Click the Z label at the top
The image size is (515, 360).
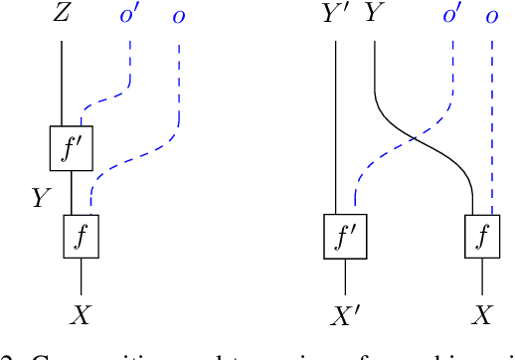(64, 15)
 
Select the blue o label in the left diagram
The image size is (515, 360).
(178, 18)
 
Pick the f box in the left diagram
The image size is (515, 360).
(82, 236)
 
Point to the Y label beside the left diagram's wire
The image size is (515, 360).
(41, 198)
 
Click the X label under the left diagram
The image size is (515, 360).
(82, 316)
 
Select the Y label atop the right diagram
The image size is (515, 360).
(373, 15)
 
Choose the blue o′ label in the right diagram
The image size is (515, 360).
(452, 15)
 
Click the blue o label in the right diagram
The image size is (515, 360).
(492, 18)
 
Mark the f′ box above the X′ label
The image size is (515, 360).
(345, 236)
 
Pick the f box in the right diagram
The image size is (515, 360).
(483, 236)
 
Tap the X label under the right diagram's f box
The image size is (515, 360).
(483, 316)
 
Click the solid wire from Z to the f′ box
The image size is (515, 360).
(62, 85)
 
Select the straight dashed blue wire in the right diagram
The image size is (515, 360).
(492, 119)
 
